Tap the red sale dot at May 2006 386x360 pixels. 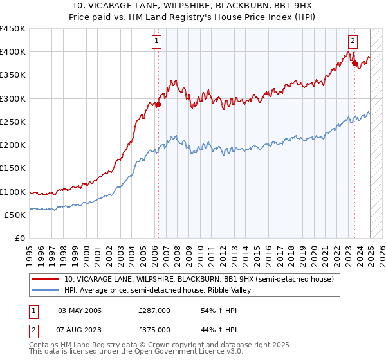158,105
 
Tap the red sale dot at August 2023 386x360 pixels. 354,64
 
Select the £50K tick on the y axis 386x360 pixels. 15,215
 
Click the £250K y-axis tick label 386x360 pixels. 12,122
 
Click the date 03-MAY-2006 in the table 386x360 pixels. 80,310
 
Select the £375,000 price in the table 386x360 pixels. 154,329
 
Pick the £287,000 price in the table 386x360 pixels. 154,310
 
